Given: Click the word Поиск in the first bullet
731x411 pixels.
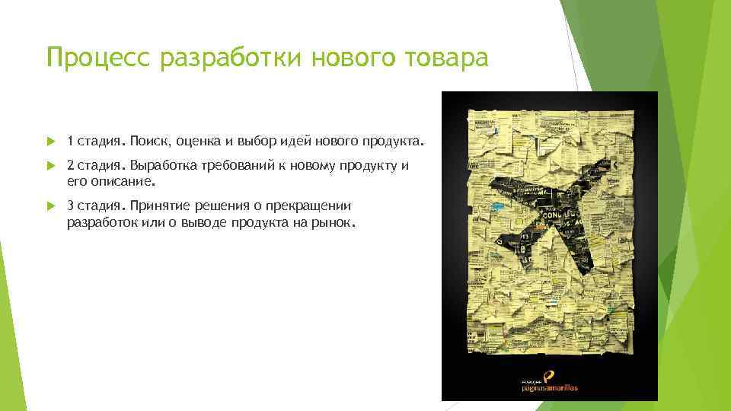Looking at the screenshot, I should [144, 141].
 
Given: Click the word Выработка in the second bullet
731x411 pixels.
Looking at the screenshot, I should [161, 164].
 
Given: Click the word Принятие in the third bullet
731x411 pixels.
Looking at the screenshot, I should [156, 205].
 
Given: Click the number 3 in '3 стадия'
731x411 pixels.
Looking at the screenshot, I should [70, 205].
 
